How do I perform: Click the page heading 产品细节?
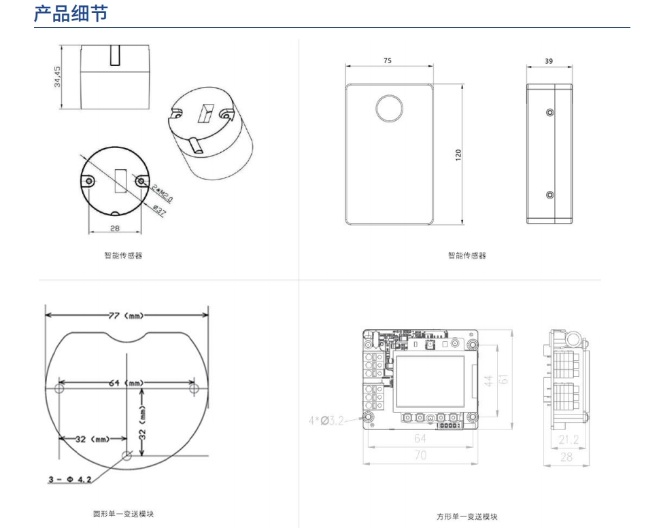pyautogui.click(x=71, y=13)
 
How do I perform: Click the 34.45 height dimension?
pyautogui.click(x=58, y=76)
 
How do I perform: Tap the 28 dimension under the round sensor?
pyautogui.click(x=114, y=228)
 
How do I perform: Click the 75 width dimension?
pyautogui.click(x=388, y=60)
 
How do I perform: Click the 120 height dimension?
pyautogui.click(x=458, y=154)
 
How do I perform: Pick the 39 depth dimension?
pyautogui.click(x=549, y=60)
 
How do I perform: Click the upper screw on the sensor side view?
pyautogui.click(x=549, y=112)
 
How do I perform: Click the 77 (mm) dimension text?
pyautogui.click(x=127, y=315)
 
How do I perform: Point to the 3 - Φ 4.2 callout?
pyautogui.click(x=69, y=480)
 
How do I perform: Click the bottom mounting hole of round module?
pyautogui.click(x=126, y=455)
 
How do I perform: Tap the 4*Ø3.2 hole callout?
pyautogui.click(x=326, y=421)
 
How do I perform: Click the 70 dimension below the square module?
pyautogui.click(x=420, y=455)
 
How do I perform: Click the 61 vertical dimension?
pyautogui.click(x=504, y=379)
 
